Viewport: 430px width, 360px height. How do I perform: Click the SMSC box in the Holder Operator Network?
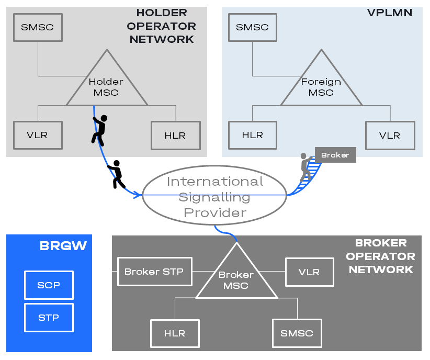point(38,27)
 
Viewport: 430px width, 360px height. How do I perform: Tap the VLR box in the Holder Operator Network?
point(38,136)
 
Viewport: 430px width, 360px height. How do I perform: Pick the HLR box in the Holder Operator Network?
point(176,136)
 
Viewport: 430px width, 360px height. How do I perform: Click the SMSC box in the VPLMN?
point(253,27)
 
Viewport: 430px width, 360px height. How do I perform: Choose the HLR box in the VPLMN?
point(253,136)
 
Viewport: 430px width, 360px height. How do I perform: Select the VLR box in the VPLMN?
point(390,136)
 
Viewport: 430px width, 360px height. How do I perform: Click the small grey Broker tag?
point(335,155)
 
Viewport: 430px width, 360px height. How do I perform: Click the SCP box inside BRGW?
point(49,285)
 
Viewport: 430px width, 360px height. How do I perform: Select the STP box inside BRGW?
point(49,318)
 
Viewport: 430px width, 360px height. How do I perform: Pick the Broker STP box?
point(155,272)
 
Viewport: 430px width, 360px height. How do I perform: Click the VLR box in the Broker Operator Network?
point(310,272)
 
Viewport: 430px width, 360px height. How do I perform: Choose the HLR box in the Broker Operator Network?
point(175,333)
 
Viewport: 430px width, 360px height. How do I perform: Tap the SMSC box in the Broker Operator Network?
point(297,333)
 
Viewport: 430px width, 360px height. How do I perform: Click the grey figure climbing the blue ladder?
point(305,167)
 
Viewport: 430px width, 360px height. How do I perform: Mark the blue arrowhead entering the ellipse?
point(138,195)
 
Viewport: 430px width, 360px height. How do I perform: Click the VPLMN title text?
point(390,13)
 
